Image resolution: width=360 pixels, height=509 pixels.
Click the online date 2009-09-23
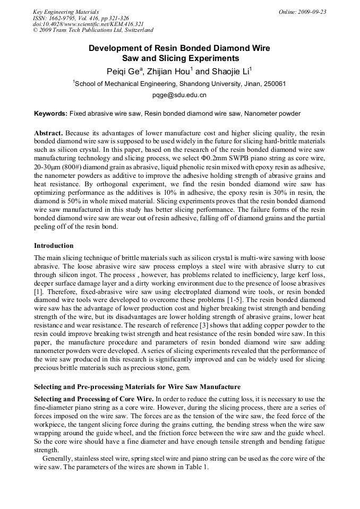[x=310, y=12]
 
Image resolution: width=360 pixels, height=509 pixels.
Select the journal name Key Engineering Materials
[x=66, y=12]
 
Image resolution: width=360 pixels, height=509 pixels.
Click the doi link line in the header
[x=88, y=24]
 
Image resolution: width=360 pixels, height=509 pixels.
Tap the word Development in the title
[x=114, y=48]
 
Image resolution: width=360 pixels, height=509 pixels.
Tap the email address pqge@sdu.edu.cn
[x=179, y=96]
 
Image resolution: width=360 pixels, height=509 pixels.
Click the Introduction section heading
[x=54, y=246]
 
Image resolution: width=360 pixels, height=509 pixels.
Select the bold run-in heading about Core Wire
[x=93, y=399]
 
